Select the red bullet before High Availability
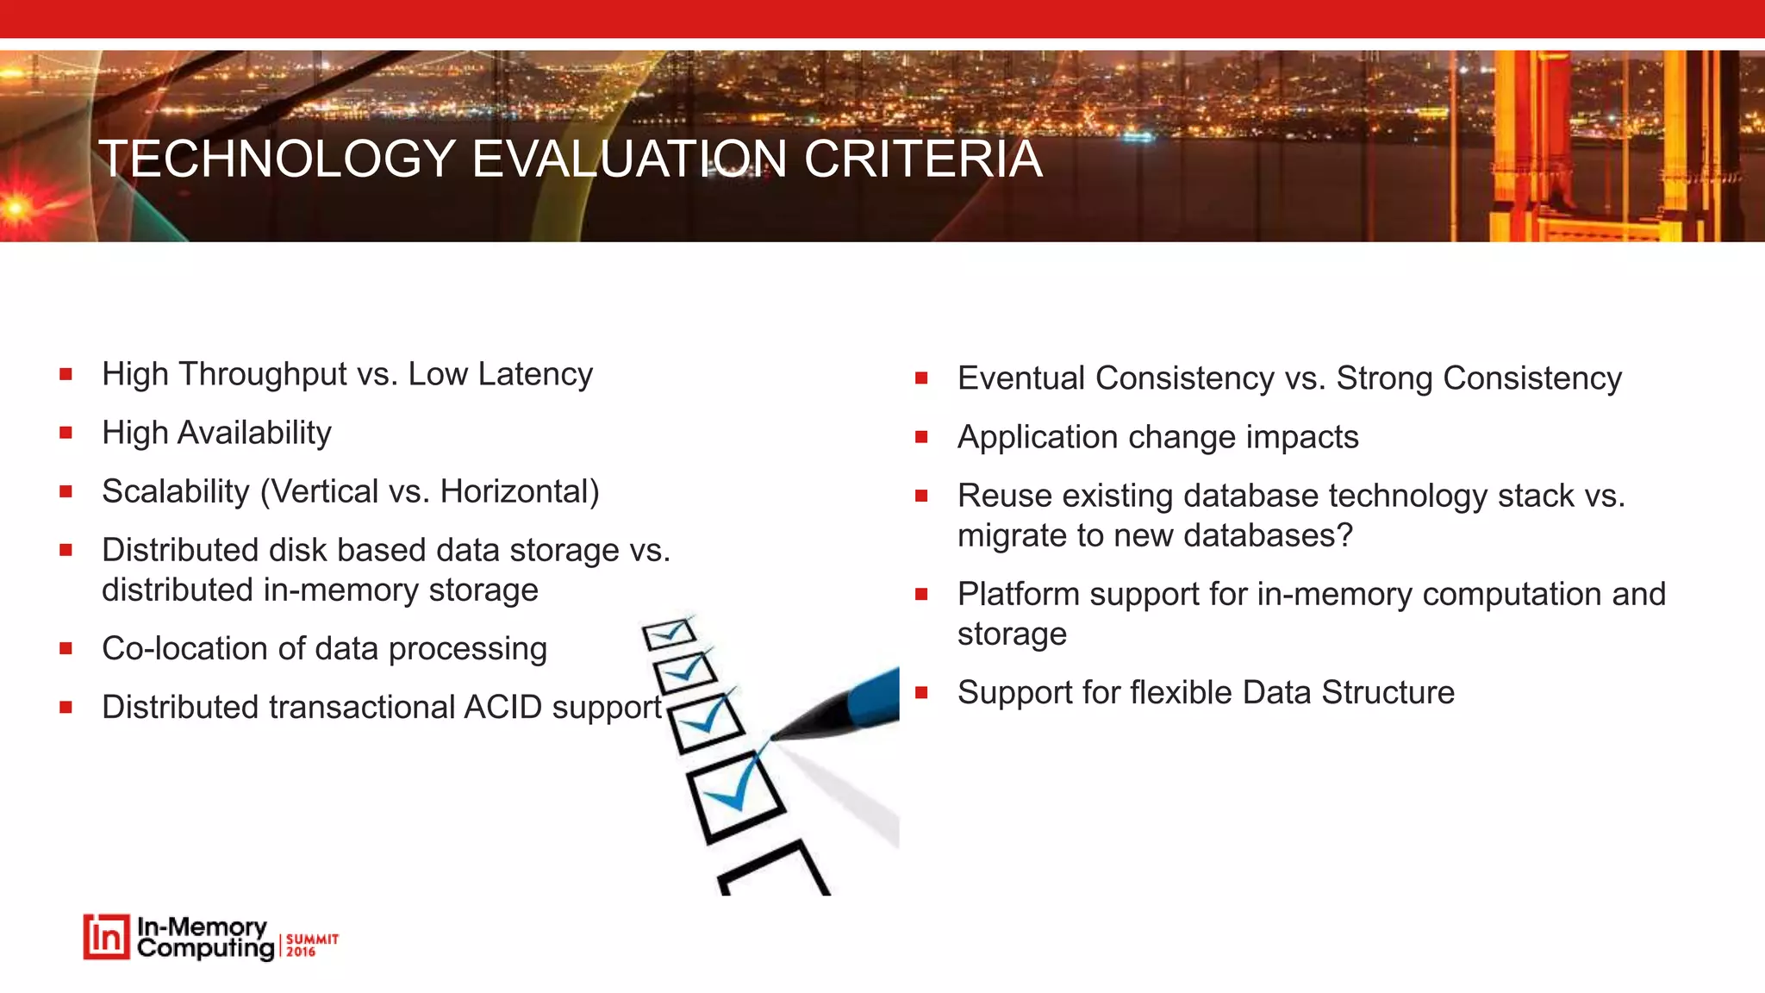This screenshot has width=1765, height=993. (x=65, y=434)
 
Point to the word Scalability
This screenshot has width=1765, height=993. (x=176, y=492)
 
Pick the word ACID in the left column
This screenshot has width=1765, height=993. (x=502, y=708)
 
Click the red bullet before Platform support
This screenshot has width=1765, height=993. (x=921, y=595)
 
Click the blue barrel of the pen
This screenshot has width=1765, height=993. (x=875, y=696)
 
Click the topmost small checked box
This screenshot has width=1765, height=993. (x=669, y=634)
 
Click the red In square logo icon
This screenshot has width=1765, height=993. (x=106, y=937)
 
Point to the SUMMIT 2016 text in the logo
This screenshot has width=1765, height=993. (x=311, y=945)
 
